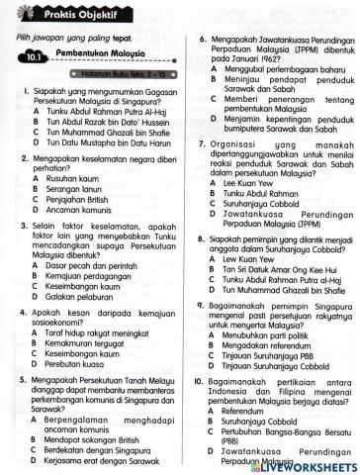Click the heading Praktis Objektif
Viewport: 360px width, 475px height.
point(69,12)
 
